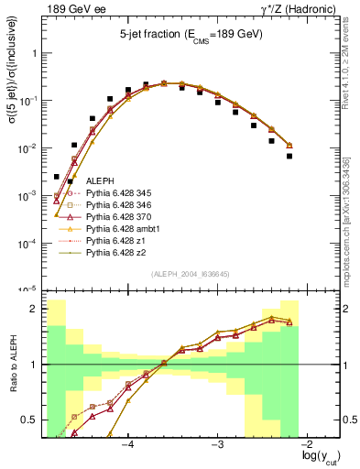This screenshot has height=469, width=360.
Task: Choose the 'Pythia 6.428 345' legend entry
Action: tap(122, 196)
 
